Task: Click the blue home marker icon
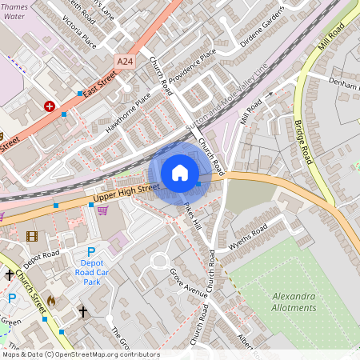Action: (x=180, y=173)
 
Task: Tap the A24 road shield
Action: (x=125, y=60)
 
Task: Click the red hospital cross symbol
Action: (x=50, y=106)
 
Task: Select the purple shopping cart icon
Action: (x=102, y=210)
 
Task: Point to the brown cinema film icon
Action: (x=31, y=236)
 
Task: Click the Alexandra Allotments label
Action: (x=289, y=302)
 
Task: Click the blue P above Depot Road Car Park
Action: (x=91, y=252)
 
